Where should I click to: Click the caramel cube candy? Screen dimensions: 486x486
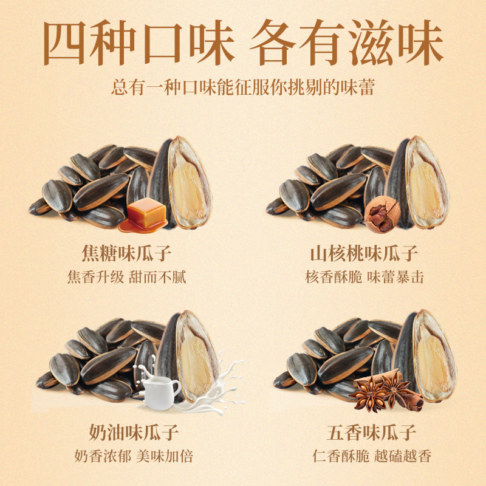click(146, 213)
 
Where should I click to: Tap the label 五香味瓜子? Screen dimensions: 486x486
click(364, 433)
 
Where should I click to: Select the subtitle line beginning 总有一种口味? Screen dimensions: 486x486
click(243, 87)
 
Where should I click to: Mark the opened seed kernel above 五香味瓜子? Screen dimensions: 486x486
click(433, 355)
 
